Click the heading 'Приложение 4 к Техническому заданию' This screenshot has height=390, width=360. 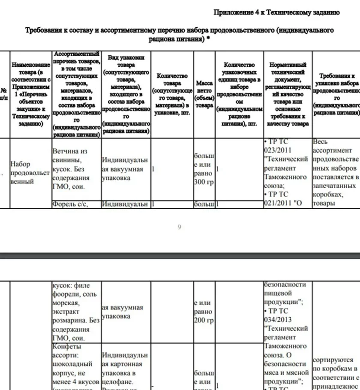point(276,12)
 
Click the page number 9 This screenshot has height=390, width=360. point(179,227)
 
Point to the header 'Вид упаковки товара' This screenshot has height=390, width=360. point(126,94)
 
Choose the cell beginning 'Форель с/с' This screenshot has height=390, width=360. point(70,204)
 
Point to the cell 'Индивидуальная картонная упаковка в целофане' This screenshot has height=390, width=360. point(125,369)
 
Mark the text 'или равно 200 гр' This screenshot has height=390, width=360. point(204,312)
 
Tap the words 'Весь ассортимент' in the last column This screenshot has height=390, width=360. point(333,146)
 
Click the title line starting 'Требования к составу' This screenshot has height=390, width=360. point(180,30)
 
